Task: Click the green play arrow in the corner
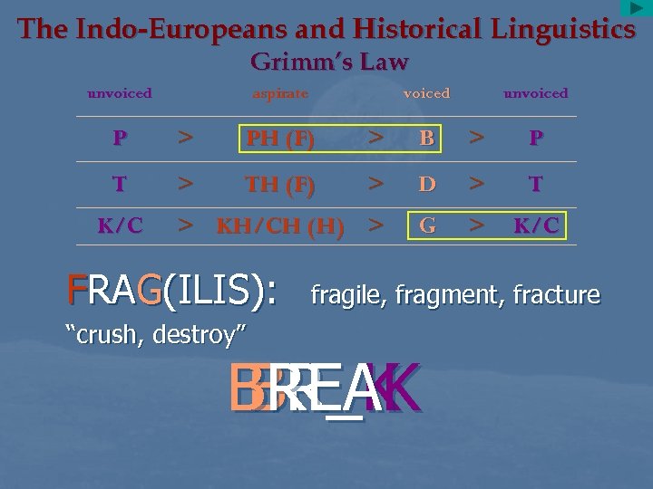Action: pyautogui.click(x=636, y=8)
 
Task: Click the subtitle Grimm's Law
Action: pyautogui.click(x=328, y=62)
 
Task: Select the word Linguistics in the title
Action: pyautogui.click(x=563, y=29)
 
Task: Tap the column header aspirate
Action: pyautogui.click(x=280, y=93)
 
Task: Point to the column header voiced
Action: pyautogui.click(x=426, y=93)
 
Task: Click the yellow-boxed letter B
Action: pyautogui.click(x=426, y=139)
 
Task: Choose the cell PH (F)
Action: pyautogui.click(x=280, y=139)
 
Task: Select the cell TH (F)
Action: pyautogui.click(x=280, y=185)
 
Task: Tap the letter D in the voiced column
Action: pyautogui.click(x=426, y=185)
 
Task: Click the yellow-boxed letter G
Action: pyautogui.click(x=427, y=225)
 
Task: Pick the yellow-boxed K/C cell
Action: pyautogui.click(x=536, y=225)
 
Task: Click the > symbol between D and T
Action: pyautogui.click(x=475, y=184)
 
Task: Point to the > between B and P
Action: pyautogui.click(x=475, y=138)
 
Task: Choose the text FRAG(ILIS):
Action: pyautogui.click(x=178, y=292)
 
